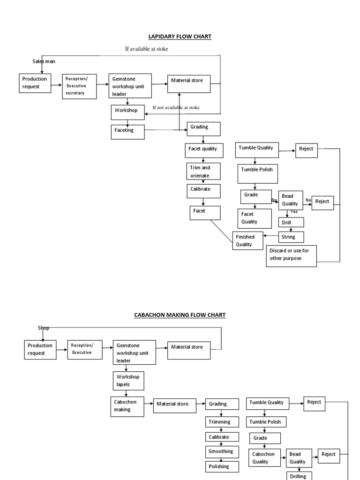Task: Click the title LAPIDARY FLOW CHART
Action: click(x=180, y=36)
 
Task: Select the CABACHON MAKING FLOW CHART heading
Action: click(x=180, y=315)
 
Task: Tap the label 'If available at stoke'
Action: click(x=146, y=49)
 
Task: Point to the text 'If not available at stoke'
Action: click(x=176, y=107)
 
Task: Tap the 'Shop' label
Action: click(x=43, y=328)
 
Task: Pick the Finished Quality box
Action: click(x=247, y=240)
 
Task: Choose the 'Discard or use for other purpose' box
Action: click(x=291, y=256)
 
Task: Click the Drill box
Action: click(x=291, y=222)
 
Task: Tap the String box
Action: click(x=291, y=237)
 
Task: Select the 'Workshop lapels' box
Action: click(x=128, y=380)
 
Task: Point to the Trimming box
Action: click(x=221, y=422)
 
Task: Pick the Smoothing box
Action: click(x=221, y=451)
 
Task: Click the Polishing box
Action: click(x=221, y=467)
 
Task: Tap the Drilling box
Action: click(x=299, y=476)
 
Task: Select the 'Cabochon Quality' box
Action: click(x=265, y=458)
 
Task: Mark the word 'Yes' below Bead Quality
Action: click(x=294, y=212)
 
